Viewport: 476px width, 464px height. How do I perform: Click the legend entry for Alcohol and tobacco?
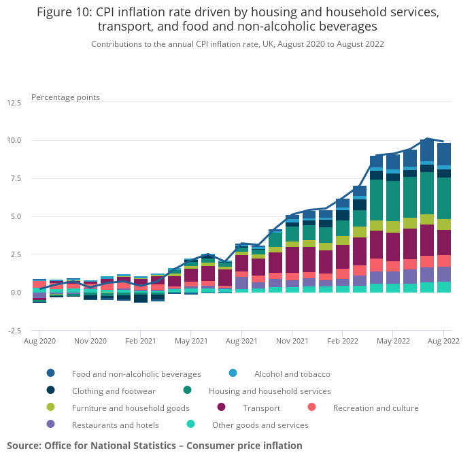click(292, 374)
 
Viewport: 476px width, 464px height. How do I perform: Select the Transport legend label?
click(261, 408)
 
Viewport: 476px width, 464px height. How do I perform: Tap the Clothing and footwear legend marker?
click(51, 391)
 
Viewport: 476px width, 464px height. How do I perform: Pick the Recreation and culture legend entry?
click(375, 408)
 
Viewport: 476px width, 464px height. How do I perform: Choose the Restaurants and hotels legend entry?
click(115, 425)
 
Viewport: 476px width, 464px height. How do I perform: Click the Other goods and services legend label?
click(260, 425)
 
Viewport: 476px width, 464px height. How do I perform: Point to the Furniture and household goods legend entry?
click(131, 408)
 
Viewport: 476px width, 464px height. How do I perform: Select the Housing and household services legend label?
click(269, 391)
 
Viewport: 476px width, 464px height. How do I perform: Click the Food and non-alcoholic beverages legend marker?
click(51, 373)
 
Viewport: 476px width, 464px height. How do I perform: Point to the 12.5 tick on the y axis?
click(14, 103)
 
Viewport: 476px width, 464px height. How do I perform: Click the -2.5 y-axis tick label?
click(14, 331)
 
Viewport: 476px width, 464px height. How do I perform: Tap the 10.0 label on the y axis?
click(14, 141)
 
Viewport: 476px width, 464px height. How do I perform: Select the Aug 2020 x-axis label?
click(39, 340)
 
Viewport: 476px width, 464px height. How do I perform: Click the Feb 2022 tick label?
click(342, 340)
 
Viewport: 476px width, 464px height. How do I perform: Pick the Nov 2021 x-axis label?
click(292, 340)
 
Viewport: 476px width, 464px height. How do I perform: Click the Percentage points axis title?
click(65, 97)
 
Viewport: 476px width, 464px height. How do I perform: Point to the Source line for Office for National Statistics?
click(154, 446)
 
